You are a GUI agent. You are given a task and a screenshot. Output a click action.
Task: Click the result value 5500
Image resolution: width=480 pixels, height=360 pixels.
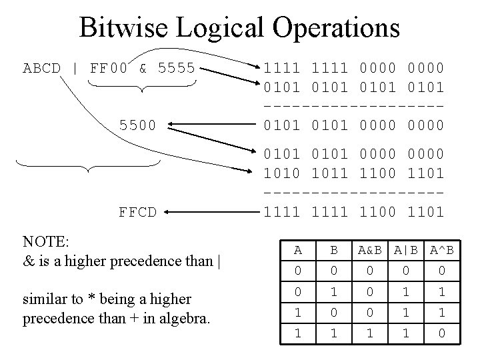pos(137,124)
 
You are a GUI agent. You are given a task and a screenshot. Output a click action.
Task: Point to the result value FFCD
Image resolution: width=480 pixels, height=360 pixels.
pos(137,213)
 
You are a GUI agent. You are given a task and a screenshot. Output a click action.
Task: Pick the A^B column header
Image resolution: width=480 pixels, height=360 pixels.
pos(441,250)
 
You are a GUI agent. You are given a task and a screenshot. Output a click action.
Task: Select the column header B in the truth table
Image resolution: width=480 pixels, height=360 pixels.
pos(334,250)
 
